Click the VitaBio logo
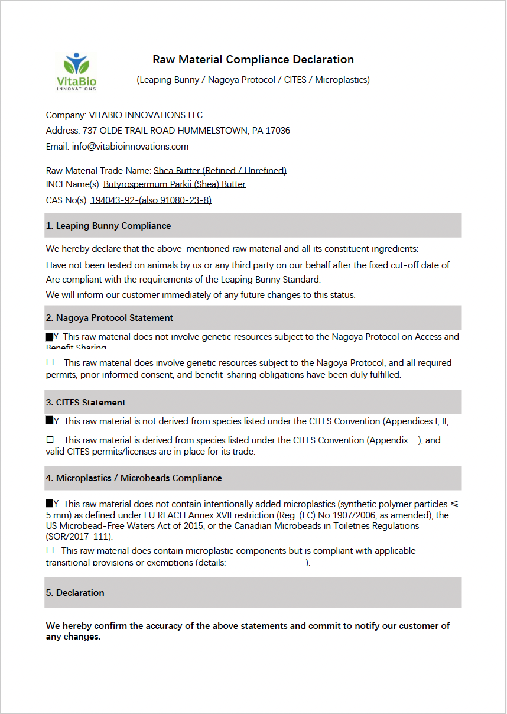[x=76, y=72]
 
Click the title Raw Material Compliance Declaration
[x=253, y=59]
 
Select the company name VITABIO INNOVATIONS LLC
[x=145, y=115]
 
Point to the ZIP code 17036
[x=278, y=130]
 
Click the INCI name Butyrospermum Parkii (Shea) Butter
[x=174, y=184]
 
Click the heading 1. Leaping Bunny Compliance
[x=108, y=225]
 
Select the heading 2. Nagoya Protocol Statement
[x=109, y=317]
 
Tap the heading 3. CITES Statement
[x=86, y=402]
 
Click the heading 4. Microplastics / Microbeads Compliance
[x=134, y=478]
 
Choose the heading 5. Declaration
[x=75, y=592]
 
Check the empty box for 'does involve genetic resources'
[x=50, y=362]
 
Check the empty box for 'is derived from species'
[x=50, y=439]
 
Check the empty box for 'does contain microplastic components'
[x=50, y=550]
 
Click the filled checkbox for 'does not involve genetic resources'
[x=49, y=336]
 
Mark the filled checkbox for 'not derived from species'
[x=49, y=420]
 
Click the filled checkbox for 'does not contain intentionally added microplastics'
[x=49, y=504]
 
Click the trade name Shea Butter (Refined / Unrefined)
[x=220, y=170]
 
